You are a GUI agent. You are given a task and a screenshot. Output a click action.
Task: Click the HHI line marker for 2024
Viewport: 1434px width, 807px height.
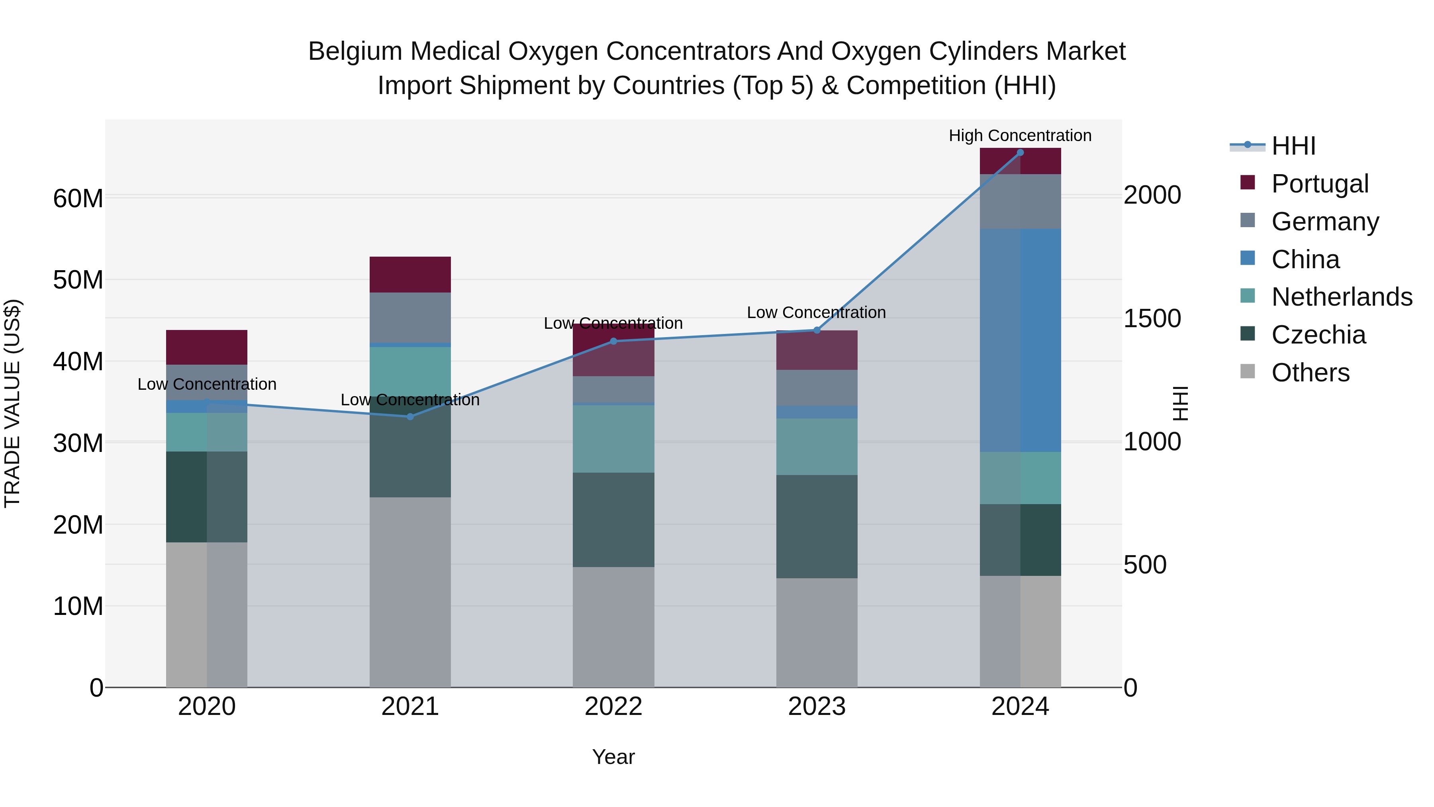pos(1020,153)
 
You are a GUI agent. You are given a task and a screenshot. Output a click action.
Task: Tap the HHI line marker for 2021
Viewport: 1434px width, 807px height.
pos(410,416)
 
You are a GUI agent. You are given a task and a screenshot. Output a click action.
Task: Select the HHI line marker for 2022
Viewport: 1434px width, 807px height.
pos(613,342)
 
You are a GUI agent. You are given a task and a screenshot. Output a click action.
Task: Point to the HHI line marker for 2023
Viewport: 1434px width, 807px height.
pos(817,330)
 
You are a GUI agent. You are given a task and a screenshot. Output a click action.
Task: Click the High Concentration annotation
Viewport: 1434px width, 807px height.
pos(1020,135)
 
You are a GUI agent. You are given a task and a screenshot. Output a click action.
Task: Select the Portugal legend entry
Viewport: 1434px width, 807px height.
pos(1319,184)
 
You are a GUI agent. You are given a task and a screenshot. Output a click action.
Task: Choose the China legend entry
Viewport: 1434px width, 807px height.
pos(1305,259)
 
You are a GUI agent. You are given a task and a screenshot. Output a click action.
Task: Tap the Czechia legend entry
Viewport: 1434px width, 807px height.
pos(1318,335)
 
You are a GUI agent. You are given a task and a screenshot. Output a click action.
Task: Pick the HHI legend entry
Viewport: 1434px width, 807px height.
pos(1293,146)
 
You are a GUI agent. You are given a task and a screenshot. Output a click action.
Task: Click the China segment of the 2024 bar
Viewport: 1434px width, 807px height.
pos(1020,340)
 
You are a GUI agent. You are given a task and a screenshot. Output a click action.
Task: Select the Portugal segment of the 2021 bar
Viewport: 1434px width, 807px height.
pos(410,275)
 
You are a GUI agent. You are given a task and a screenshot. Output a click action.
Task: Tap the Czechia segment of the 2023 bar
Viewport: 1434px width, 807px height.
pos(817,526)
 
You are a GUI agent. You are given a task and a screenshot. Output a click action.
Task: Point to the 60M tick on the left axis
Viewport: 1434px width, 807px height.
pos(78,198)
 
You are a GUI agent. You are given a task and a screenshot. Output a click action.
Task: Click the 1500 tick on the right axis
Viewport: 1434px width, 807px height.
pos(1152,318)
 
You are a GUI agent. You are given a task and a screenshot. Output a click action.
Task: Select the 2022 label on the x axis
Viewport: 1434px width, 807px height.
pos(613,707)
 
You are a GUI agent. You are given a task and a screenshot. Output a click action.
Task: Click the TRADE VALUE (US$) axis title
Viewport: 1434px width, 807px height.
pos(12,403)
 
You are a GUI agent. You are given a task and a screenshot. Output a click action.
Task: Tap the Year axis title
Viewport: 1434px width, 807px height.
pos(613,757)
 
